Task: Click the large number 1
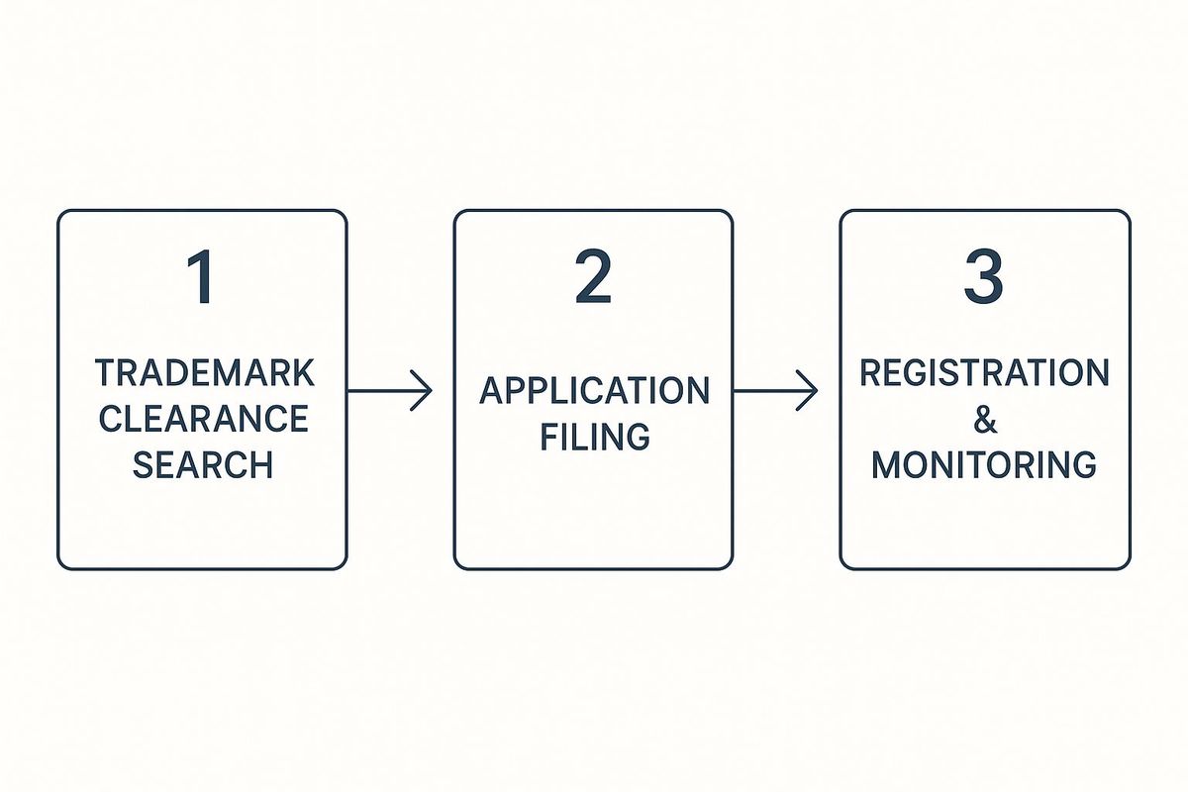[202, 277]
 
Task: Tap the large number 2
[593, 277]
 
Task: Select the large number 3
[984, 277]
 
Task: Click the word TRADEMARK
[205, 373]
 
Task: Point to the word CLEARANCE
[204, 419]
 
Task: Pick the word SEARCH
[203, 464]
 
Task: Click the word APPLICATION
[595, 391]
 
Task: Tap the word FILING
[595, 437]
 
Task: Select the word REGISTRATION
[984, 372]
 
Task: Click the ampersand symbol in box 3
[985, 419]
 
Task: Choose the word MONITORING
[984, 464]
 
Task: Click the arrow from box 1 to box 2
[390, 391]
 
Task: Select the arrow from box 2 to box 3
[775, 391]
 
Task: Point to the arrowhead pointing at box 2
[425, 391]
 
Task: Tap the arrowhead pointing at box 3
[810, 391]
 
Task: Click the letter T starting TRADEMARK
[106, 373]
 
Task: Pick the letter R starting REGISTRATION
[871, 372]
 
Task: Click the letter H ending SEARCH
[262, 464]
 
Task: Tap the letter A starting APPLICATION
[492, 391]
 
